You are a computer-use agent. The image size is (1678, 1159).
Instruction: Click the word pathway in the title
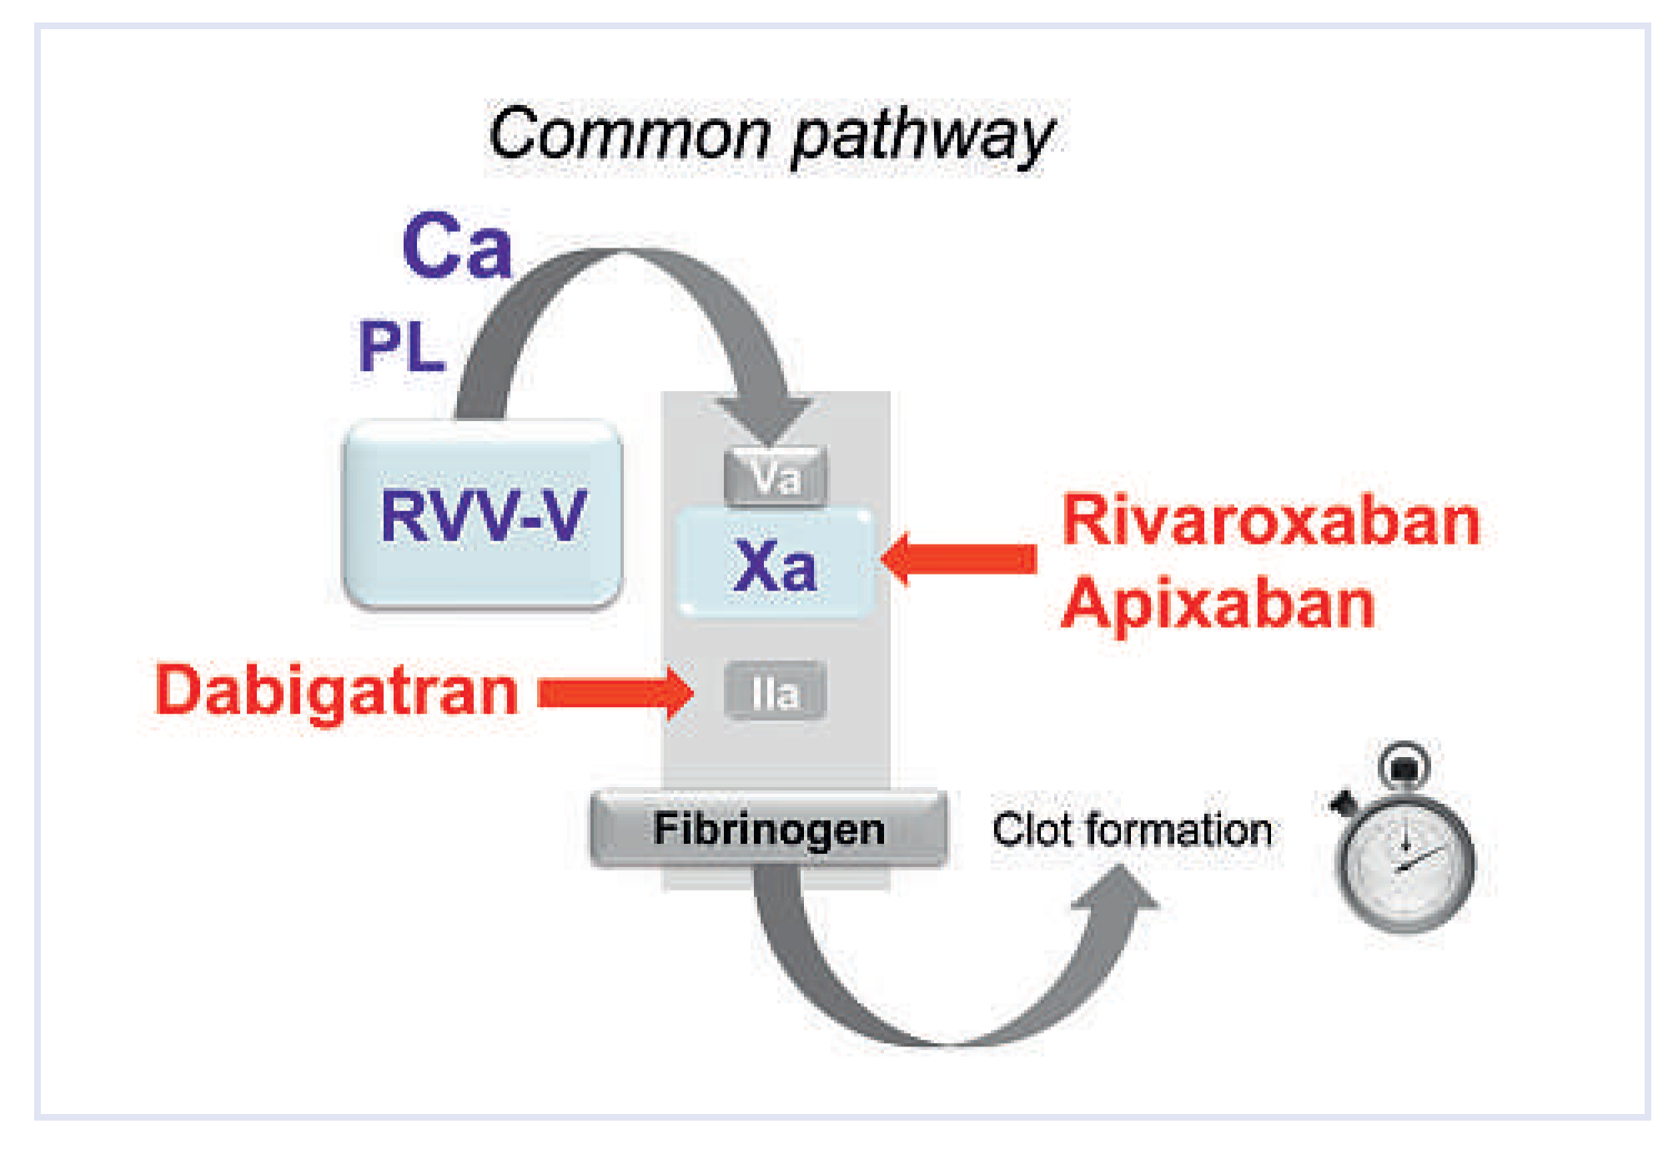[x=922, y=138]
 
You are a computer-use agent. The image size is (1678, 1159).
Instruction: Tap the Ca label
[x=456, y=246]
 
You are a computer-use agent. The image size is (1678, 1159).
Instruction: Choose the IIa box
[x=776, y=691]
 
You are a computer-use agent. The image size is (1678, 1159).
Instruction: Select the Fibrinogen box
[x=769, y=829]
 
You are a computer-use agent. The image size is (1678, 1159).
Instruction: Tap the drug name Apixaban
[x=1218, y=604]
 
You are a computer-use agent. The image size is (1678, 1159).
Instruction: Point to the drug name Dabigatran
[x=337, y=691]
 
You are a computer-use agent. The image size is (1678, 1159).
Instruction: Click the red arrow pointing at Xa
[x=959, y=559]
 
